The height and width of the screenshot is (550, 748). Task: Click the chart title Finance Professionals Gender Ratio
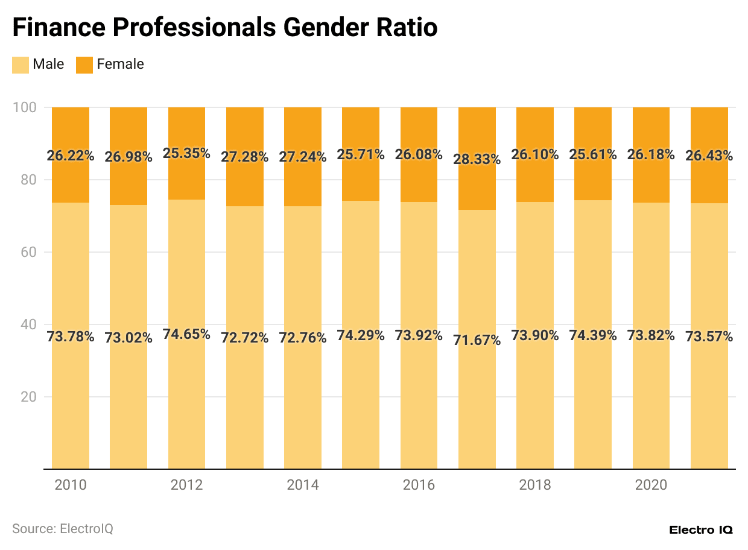click(225, 28)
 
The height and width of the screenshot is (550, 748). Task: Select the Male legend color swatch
click(21, 65)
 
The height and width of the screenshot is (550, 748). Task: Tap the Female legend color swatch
click(84, 65)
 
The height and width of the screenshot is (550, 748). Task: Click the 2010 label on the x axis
click(71, 485)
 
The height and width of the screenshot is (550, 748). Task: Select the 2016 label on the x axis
click(419, 485)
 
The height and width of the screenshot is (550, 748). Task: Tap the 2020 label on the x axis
click(651, 485)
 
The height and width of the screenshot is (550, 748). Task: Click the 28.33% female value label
click(477, 160)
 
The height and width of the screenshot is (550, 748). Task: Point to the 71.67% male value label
click(477, 340)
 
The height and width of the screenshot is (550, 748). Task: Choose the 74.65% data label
click(186, 334)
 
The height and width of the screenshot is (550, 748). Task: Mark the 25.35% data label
click(186, 153)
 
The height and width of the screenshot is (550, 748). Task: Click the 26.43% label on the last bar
click(709, 156)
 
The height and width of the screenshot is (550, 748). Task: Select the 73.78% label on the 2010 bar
click(71, 337)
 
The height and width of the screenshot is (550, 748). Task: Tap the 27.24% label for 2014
click(303, 157)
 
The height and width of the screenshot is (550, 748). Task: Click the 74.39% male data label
click(593, 335)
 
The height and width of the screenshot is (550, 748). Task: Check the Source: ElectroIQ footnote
click(63, 529)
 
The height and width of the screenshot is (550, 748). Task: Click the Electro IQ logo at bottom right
click(701, 530)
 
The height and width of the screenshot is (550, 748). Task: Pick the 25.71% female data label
click(361, 154)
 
